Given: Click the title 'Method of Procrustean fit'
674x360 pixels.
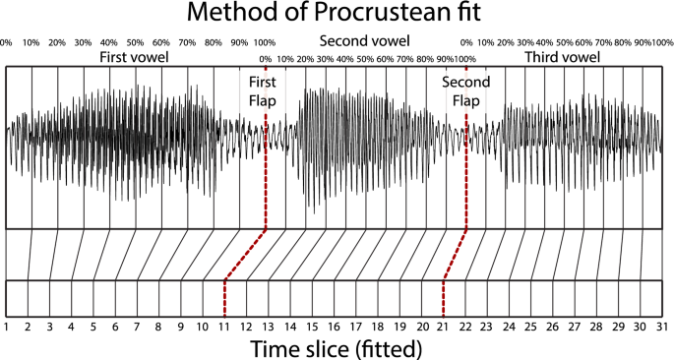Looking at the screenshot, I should pos(337,15).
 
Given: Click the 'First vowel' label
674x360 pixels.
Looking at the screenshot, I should pos(134,58).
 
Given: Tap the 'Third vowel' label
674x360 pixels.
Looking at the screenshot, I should pos(562,58).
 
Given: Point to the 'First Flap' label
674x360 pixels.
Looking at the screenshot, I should pos(261,91).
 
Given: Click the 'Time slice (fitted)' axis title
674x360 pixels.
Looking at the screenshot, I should pos(337,347).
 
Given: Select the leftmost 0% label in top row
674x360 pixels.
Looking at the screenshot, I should pos(6,43).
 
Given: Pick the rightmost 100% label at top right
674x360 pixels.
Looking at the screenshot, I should pos(663,43).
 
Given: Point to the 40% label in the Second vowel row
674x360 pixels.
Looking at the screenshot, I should pos(344,59).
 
